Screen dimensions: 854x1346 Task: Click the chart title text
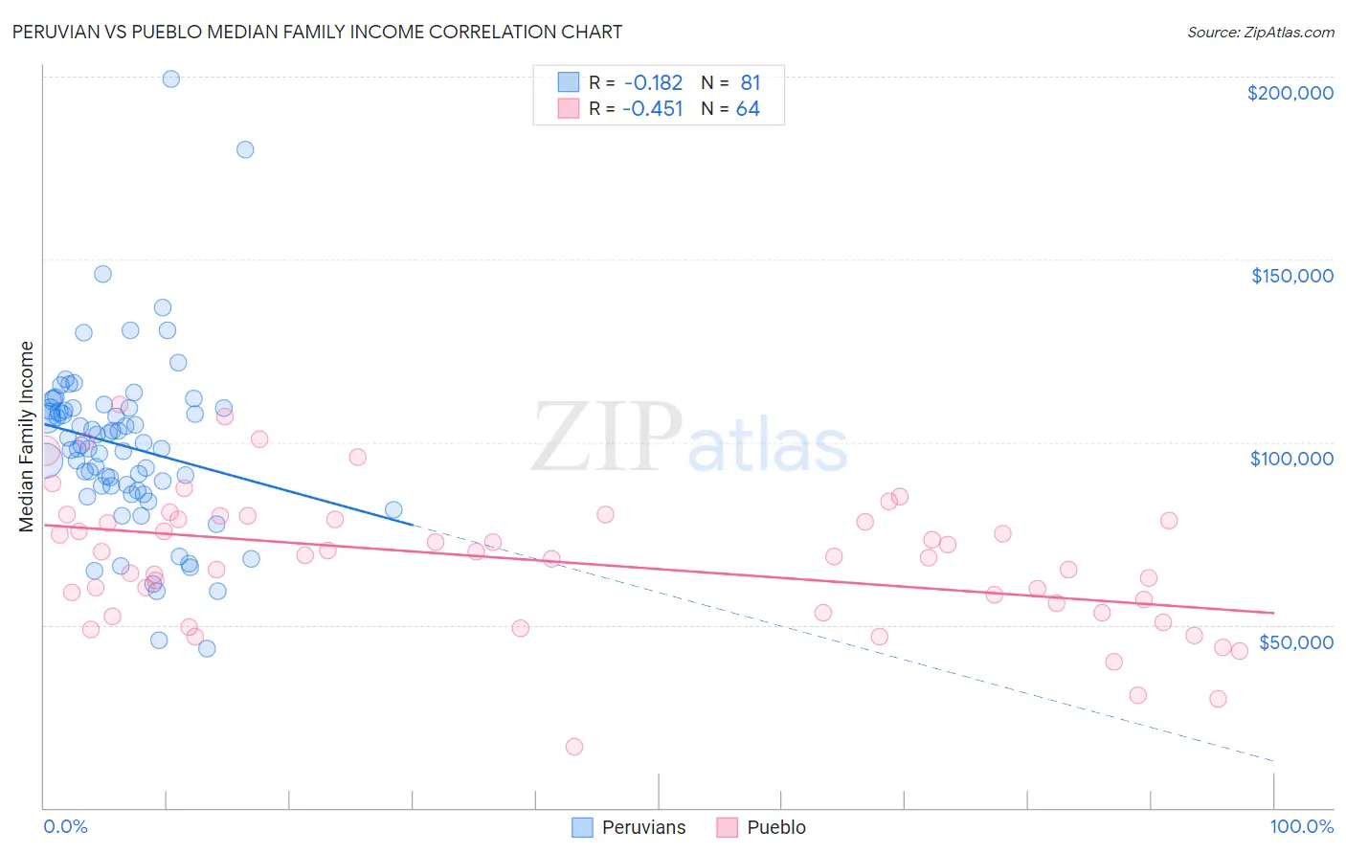click(317, 32)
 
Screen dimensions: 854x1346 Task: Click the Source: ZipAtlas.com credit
click(1260, 32)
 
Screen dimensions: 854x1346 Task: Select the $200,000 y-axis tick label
click(1290, 93)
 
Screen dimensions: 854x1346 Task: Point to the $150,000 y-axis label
click(1291, 276)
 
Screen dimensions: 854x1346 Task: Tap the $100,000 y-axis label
click(1291, 459)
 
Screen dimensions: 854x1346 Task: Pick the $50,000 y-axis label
click(1295, 641)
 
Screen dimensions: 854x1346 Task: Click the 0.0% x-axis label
click(65, 826)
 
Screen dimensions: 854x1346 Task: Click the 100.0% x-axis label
click(1301, 826)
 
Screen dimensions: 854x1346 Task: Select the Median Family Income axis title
click(27, 437)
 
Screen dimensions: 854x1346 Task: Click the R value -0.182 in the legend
click(653, 83)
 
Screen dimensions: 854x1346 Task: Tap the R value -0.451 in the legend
click(653, 109)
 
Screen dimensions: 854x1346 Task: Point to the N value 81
click(750, 83)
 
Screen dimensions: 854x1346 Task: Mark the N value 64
click(748, 109)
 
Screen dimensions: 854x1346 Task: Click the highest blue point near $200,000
click(171, 79)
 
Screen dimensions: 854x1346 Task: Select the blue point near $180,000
click(245, 149)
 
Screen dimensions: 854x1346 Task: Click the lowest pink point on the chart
click(574, 747)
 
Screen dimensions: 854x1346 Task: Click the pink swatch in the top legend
click(569, 108)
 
